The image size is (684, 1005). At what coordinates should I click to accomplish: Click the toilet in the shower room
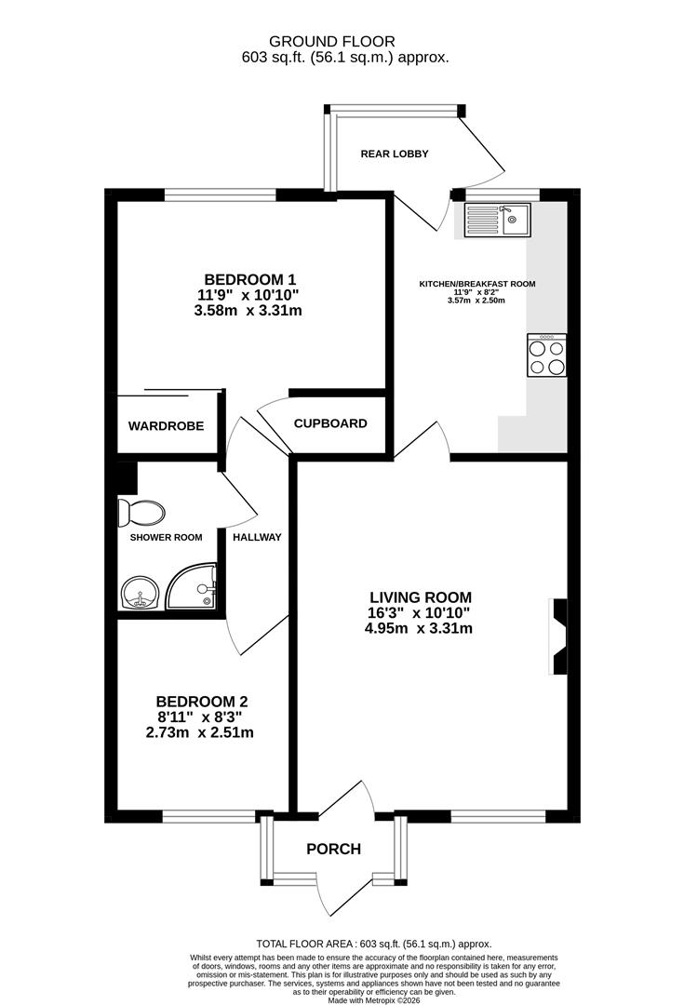pos(142,512)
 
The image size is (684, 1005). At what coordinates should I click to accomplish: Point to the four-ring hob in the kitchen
pos(546,355)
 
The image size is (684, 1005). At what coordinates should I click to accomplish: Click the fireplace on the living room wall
pos(557,636)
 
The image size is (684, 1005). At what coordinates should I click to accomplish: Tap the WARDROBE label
pos(166,426)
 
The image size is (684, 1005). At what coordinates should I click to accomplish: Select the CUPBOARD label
pos(330,423)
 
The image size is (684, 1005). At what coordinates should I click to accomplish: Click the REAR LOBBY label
pos(395,154)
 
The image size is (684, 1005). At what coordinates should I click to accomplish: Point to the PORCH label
pos(333,849)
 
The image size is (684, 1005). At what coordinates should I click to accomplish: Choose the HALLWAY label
pos(257,537)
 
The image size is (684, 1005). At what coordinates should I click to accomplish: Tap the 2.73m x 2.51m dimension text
pos(200,733)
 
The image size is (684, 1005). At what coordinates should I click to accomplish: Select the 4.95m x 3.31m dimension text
pos(420,628)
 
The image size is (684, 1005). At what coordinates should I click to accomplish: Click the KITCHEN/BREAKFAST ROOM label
pos(477,284)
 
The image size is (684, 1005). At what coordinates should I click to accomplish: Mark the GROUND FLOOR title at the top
pos(331,41)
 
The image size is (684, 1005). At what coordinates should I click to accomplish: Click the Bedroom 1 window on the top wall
pos(221,195)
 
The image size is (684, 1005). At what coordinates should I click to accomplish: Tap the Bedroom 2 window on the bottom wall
pos(209,817)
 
